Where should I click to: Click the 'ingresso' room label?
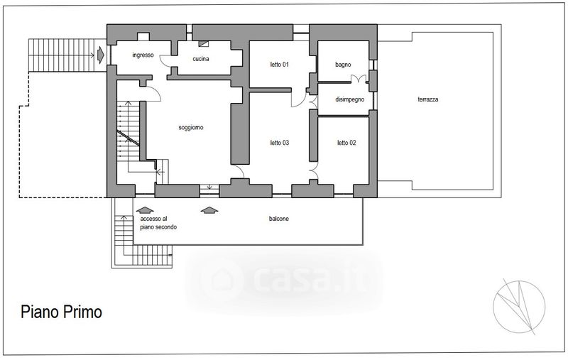143,55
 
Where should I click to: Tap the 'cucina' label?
201,59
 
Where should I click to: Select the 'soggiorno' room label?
191,128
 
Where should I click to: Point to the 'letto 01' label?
279,65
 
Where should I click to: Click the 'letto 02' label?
346,143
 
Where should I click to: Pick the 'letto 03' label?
279,143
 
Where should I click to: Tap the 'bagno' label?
343,65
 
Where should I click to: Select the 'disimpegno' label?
349,99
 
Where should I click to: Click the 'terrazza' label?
428,99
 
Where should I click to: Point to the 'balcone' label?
278,219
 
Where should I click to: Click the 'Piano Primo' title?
61,312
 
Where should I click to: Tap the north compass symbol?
519,306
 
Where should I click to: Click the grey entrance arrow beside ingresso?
101,55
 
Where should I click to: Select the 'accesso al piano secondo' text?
158,223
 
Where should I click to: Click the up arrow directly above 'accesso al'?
145,210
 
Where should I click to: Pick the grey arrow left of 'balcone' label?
209,210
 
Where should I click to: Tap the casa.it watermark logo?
285,280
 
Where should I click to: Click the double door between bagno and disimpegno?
359,78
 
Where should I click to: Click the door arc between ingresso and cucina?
165,62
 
